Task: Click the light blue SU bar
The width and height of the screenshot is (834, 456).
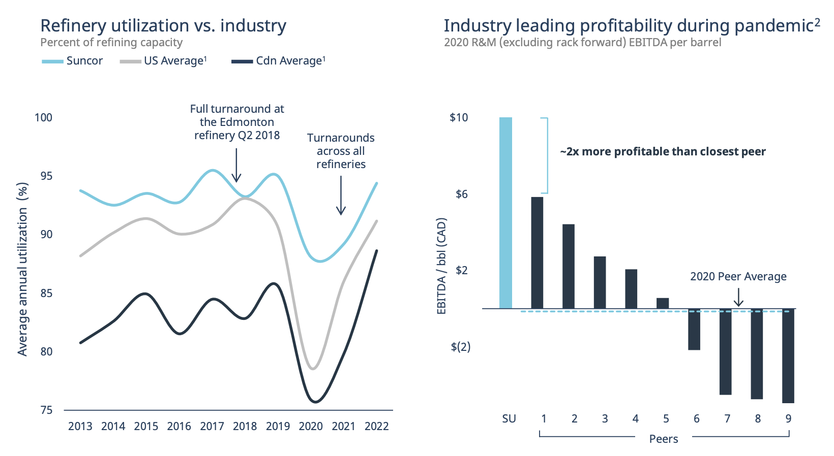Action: (505, 213)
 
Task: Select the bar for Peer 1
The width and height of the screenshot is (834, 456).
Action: (537, 252)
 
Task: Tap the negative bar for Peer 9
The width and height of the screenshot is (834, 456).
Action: (788, 355)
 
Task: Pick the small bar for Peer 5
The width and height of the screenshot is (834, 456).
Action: (663, 303)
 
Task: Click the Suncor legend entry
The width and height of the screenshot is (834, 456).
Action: (73, 61)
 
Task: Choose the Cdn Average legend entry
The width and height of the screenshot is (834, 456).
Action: (278, 61)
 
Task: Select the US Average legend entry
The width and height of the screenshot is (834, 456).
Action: (164, 61)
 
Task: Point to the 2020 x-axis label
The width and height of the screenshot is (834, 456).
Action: (311, 427)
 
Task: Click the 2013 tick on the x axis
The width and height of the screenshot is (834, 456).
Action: (80, 427)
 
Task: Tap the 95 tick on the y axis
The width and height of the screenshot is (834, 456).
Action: (46, 176)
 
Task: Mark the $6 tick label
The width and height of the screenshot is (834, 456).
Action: (461, 194)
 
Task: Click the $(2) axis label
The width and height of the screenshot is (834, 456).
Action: (460, 347)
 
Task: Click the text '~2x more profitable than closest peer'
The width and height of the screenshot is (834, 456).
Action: (663, 152)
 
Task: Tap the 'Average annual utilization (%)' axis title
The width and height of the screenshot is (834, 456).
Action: (22, 269)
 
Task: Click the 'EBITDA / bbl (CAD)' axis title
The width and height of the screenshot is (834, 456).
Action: (441, 266)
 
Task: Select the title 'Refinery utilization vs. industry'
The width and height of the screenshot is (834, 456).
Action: (163, 25)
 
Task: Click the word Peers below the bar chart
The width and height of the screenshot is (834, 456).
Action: (664, 439)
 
